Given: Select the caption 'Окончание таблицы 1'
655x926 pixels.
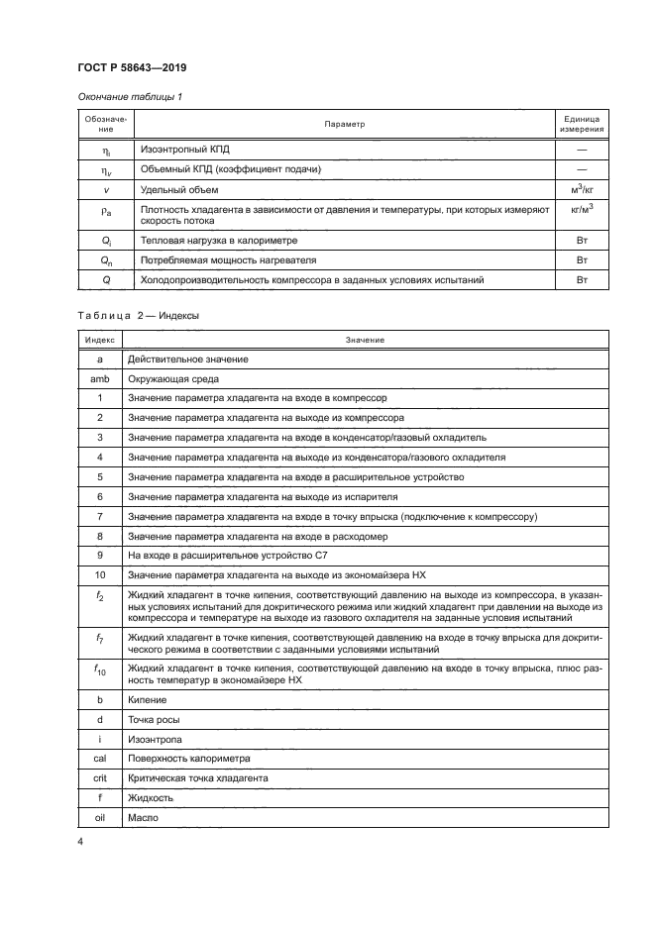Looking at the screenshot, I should pos(122,96).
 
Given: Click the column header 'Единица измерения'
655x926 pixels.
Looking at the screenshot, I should pos(582,124).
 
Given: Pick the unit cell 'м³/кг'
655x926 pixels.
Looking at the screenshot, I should pos(582,188).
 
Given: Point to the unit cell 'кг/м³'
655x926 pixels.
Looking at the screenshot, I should pos(582,209).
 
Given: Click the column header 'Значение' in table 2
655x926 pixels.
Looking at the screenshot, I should pos(365,340).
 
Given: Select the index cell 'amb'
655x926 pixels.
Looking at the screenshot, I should pos(100,378).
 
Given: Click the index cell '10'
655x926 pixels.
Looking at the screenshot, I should pos(100,574).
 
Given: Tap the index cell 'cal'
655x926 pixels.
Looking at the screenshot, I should pos(100,759).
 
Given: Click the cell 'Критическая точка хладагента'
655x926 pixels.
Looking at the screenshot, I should pos(199,778).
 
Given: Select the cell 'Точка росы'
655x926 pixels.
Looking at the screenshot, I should pos(155,720).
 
